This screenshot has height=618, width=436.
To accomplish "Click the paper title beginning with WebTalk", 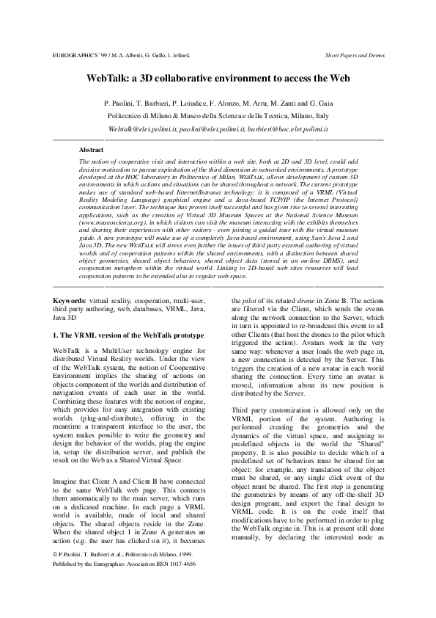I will click(x=218, y=77).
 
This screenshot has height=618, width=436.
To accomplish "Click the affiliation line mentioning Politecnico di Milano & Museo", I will click(x=218, y=116).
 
